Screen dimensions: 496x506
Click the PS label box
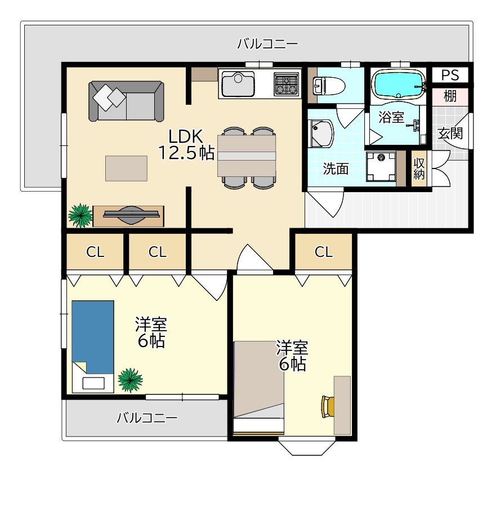point(450,75)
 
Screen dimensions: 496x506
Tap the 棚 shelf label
point(450,96)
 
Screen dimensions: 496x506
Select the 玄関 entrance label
point(450,133)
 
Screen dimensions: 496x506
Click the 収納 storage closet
point(419,168)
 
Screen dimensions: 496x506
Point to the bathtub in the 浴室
point(399,85)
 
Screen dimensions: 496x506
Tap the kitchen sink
point(238,83)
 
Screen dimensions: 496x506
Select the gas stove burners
point(287,85)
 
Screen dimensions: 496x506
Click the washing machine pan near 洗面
point(381,167)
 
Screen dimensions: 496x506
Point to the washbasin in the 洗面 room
point(320,134)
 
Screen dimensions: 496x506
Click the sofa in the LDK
point(126,101)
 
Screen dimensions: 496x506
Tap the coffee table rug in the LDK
point(127,168)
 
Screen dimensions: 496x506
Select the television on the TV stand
point(131,215)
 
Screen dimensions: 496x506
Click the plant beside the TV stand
point(80,215)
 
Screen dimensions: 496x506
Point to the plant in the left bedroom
point(130,380)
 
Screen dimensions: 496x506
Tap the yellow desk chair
point(327,407)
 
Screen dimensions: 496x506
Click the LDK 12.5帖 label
point(186,145)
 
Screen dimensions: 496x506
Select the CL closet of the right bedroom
point(324,252)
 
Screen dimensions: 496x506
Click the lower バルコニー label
point(147,418)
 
